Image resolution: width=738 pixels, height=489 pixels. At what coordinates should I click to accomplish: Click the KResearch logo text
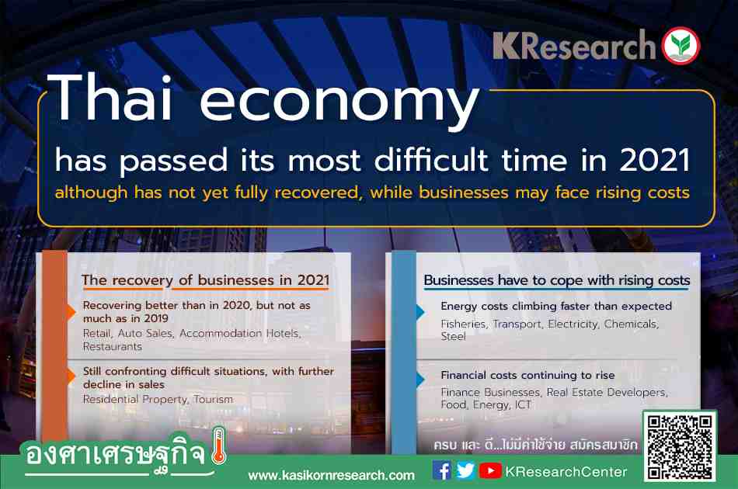[x=574, y=46]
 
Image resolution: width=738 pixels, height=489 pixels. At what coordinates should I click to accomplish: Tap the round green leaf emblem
[x=681, y=46]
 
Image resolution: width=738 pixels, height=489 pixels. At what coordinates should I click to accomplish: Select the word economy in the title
[x=339, y=103]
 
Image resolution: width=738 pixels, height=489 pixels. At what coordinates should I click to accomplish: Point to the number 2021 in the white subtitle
[x=655, y=160]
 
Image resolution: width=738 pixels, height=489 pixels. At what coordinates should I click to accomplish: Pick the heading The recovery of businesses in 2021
[x=205, y=280]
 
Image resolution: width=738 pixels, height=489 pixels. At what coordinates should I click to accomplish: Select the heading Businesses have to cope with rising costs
[x=557, y=280]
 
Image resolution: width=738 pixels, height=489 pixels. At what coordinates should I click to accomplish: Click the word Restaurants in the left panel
[x=113, y=346]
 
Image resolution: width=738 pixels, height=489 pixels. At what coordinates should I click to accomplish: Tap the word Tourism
[x=213, y=399]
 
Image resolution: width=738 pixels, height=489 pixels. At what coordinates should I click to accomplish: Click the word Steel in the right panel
[x=453, y=336]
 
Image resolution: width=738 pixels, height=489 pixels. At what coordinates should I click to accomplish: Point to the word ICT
[x=523, y=404]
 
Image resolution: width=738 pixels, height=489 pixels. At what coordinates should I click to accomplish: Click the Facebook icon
[x=441, y=470]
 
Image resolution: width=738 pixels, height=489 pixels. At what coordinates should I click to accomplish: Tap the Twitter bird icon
[x=465, y=470]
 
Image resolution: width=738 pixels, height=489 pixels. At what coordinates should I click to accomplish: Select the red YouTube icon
[x=490, y=470]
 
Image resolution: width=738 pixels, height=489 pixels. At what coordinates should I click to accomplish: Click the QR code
[x=680, y=446]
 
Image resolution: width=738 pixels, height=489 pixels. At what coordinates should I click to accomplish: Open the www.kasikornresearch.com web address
[x=332, y=475]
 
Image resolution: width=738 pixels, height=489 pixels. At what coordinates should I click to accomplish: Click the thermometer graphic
[x=219, y=446]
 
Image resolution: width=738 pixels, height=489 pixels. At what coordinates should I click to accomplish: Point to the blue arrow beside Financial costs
[x=420, y=380]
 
